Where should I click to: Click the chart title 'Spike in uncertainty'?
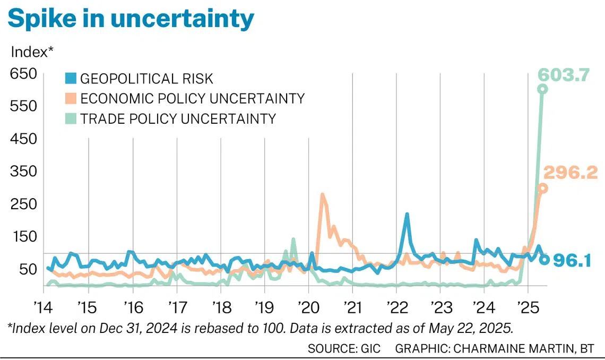(x=131, y=19)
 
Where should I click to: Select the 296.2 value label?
(x=571, y=172)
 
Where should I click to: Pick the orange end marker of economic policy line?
(x=543, y=188)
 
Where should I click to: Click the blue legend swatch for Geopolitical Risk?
(x=71, y=79)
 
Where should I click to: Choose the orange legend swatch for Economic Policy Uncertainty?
(x=71, y=99)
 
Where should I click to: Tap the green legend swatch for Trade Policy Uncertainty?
(x=71, y=118)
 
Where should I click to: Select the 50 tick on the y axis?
(x=27, y=269)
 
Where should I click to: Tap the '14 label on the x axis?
(x=44, y=308)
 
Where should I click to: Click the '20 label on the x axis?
(x=307, y=308)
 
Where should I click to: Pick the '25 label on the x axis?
(x=527, y=308)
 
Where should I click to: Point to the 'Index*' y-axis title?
(x=33, y=52)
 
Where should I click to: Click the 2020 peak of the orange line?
(x=322, y=195)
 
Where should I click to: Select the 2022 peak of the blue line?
(x=407, y=215)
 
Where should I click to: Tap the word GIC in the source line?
(x=368, y=348)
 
